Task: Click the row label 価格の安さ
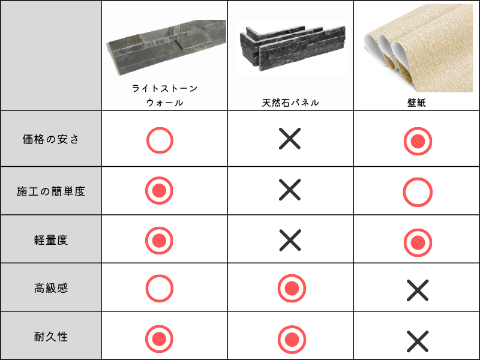pyautogui.click(x=51, y=139)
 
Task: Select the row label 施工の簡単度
pyautogui.click(x=51, y=191)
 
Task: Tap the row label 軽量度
pyautogui.click(x=51, y=239)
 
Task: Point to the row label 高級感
pyautogui.click(x=51, y=288)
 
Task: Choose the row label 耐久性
pyautogui.click(x=51, y=337)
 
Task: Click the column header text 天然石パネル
pyautogui.click(x=290, y=103)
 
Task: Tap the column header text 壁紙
pyautogui.click(x=416, y=103)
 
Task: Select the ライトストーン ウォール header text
pyautogui.click(x=164, y=95)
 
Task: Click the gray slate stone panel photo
pyautogui.click(x=166, y=47)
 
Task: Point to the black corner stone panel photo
pyautogui.click(x=292, y=48)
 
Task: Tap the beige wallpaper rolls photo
pyautogui.click(x=418, y=48)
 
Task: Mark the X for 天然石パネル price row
pyautogui.click(x=290, y=139)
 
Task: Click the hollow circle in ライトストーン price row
pyautogui.click(x=160, y=140)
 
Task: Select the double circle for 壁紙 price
pyautogui.click(x=418, y=141)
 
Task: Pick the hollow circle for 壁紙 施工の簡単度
pyautogui.click(x=418, y=192)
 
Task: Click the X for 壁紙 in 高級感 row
pyautogui.click(x=418, y=290)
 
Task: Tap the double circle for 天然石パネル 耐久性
pyautogui.click(x=292, y=339)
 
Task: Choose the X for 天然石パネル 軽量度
pyautogui.click(x=290, y=240)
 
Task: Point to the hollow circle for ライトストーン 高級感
pyautogui.click(x=160, y=289)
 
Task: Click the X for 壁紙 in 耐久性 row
pyautogui.click(x=418, y=341)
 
